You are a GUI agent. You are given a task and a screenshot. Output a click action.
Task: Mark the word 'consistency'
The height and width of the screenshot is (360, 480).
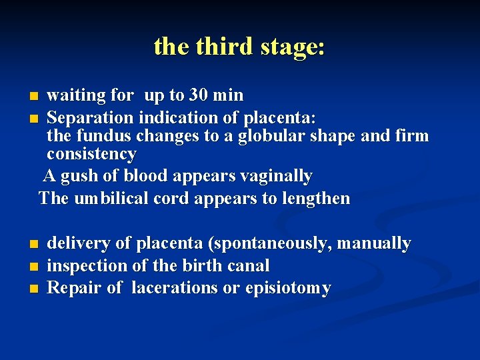pos(91,155)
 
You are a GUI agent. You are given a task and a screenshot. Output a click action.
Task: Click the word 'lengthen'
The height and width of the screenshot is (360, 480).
pos(317,199)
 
